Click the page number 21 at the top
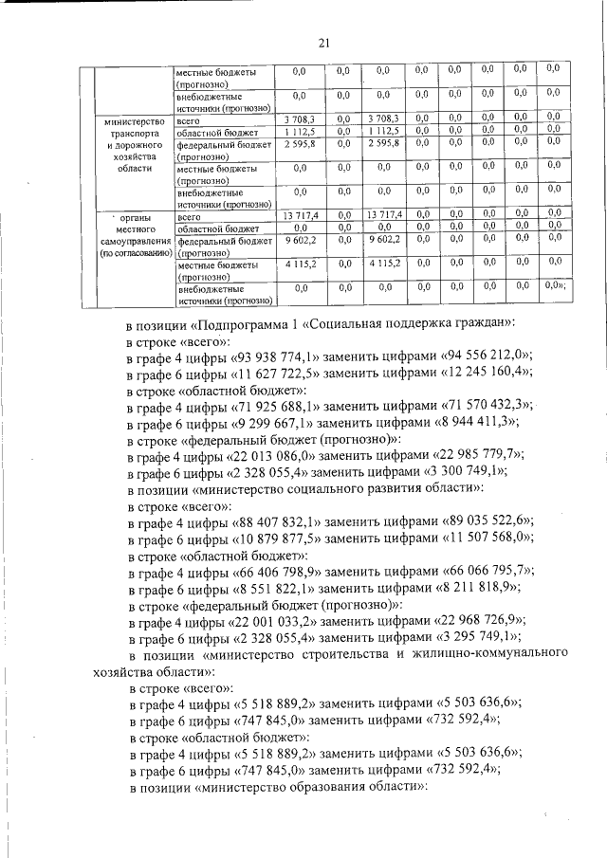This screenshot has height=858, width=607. click(x=322, y=42)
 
